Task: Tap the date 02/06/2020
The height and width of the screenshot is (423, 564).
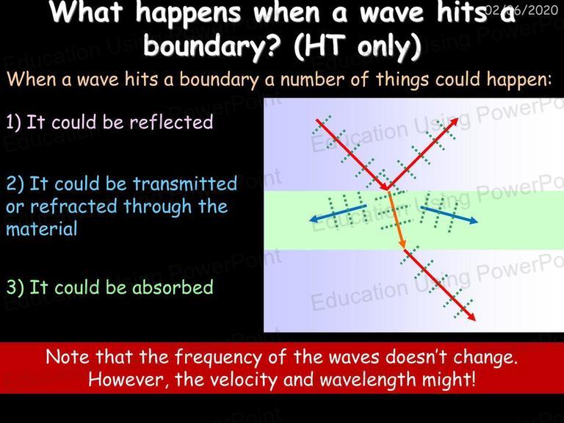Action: click(x=521, y=10)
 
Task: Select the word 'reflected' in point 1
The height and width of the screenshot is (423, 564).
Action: click(x=171, y=122)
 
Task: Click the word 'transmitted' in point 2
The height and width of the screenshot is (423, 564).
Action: click(x=185, y=184)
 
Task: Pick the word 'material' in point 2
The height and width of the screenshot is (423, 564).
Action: click(x=42, y=229)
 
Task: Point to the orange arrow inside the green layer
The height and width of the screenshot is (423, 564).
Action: click(x=397, y=220)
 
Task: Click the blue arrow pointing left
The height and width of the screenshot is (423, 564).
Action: click(x=338, y=213)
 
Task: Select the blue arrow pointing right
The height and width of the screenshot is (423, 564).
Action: click(x=449, y=214)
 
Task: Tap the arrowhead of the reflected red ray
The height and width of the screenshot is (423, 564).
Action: click(x=455, y=121)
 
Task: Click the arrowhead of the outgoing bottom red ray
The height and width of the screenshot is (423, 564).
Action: click(x=471, y=317)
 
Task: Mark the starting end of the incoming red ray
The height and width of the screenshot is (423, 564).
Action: click(x=317, y=120)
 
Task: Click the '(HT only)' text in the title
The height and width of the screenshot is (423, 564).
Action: click(x=357, y=47)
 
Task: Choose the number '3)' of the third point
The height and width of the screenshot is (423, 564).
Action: click(x=15, y=287)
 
